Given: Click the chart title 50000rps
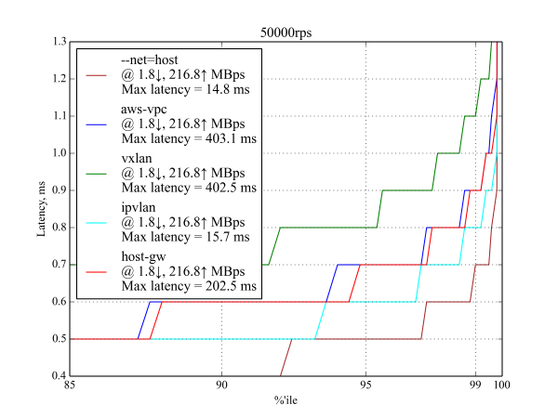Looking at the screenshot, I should coord(286,33).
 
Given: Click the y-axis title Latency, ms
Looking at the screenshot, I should coord(41,210).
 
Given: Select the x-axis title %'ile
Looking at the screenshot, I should coord(286,400).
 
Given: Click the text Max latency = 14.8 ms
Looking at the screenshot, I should coord(186,90).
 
